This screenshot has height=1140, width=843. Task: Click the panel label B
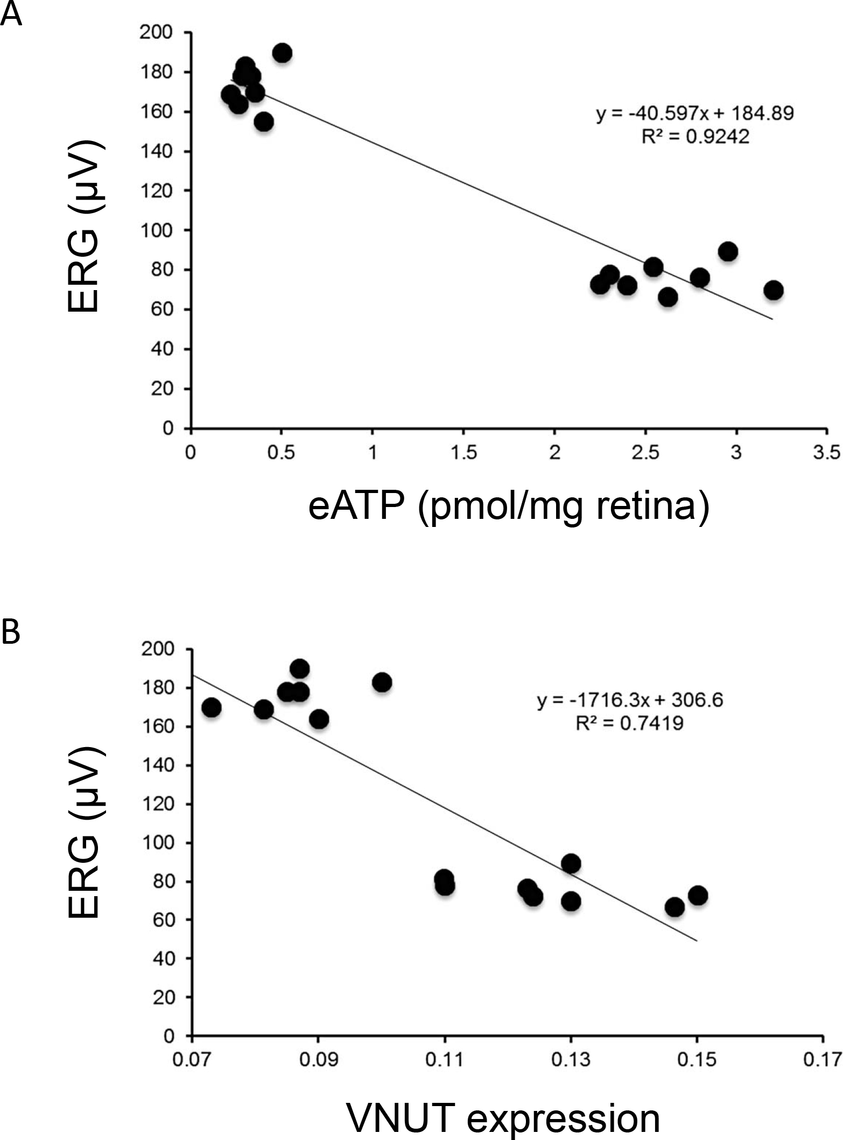point(11,632)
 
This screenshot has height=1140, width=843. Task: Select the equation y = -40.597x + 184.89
point(695,114)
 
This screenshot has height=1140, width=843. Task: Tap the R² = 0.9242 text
point(695,137)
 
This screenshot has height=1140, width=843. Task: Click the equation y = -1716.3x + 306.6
point(630,700)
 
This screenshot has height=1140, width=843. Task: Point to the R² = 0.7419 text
point(629,723)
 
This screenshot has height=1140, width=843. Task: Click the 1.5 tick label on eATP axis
point(463,453)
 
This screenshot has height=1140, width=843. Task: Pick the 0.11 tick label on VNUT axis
point(444,1059)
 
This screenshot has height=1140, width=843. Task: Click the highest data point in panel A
point(282,53)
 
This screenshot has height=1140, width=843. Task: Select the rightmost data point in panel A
point(773,290)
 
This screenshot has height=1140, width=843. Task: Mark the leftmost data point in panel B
point(211,707)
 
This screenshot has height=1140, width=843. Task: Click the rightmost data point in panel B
point(697,896)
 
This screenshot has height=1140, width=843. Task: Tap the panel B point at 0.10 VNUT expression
point(382,682)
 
